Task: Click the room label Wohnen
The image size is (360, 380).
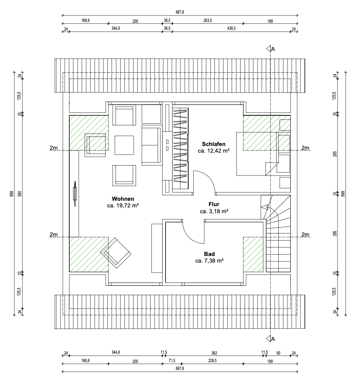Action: (122, 198)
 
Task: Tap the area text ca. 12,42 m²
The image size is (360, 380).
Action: (214, 151)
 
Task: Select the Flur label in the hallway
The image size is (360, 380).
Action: (214, 204)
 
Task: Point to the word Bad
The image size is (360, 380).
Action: (209, 254)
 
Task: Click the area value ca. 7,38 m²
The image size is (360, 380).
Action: (209, 261)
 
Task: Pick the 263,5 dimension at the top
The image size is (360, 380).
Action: (208, 20)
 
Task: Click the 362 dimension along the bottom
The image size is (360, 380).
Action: (214, 353)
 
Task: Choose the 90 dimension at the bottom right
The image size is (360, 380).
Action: (278, 353)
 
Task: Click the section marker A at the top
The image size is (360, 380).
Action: (272, 49)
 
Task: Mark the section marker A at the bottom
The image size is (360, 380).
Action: (272, 339)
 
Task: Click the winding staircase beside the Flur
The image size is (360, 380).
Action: (275, 232)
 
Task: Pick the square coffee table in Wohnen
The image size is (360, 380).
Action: (124, 145)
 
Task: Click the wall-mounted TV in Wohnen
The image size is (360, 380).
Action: (74, 193)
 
